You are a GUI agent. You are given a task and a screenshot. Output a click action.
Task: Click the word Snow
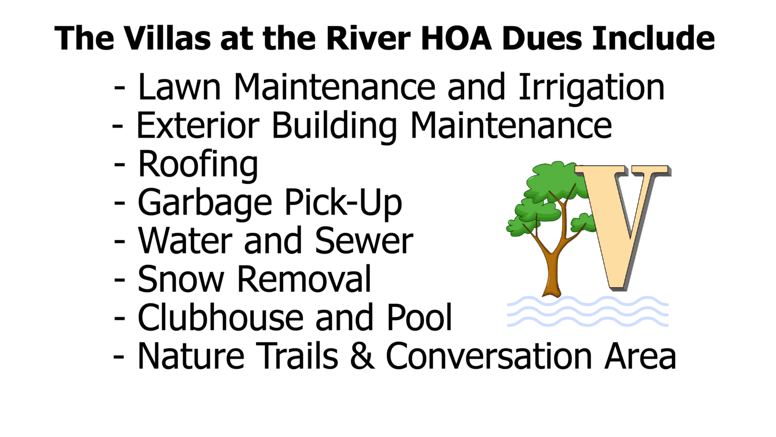[181, 279]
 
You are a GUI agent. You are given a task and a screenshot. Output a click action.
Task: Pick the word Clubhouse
[220, 317]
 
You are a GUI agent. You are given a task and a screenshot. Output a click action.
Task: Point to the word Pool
[419, 317]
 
